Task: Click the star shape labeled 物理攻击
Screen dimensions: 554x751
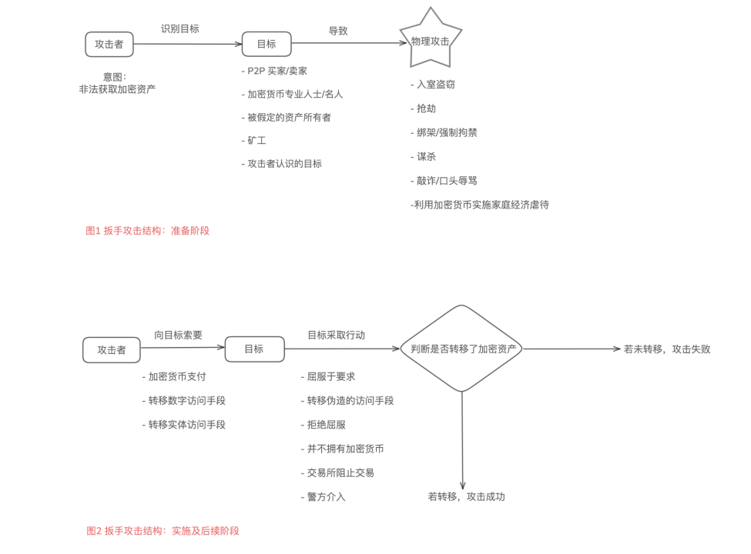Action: click(431, 40)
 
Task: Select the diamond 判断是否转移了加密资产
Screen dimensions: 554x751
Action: click(461, 349)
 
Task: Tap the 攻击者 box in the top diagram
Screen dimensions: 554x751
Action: click(109, 45)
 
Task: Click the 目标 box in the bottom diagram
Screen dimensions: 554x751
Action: click(254, 349)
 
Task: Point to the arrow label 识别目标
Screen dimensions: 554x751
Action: click(180, 28)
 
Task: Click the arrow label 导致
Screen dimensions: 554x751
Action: click(338, 31)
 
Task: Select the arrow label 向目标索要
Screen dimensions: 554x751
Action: click(178, 335)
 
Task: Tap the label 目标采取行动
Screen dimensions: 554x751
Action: click(336, 335)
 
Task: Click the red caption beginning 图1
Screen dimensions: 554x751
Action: click(147, 230)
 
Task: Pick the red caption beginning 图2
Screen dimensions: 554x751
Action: click(163, 530)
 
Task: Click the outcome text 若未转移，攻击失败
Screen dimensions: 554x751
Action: click(667, 349)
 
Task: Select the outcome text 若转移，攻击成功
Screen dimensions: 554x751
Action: click(466, 496)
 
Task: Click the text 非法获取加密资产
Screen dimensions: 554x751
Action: click(117, 89)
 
